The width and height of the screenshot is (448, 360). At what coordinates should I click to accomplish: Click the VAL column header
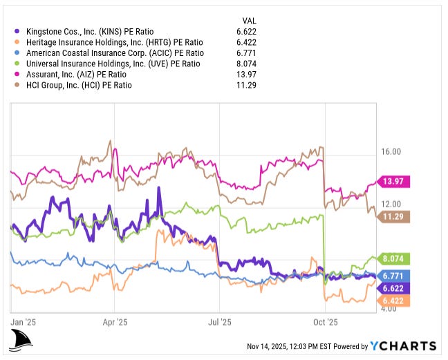(250, 20)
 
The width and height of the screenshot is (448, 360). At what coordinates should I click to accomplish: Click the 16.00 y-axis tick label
(390, 152)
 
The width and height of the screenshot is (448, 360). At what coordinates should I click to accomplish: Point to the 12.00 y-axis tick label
(390, 204)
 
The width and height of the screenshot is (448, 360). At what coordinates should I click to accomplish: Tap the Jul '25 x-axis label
(219, 322)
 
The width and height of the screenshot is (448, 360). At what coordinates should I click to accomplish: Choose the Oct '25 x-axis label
(325, 322)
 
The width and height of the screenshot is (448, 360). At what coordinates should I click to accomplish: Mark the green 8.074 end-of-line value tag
(393, 259)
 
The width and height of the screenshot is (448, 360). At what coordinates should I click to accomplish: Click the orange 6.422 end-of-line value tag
(393, 301)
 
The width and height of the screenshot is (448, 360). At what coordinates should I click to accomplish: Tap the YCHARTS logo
(402, 345)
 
